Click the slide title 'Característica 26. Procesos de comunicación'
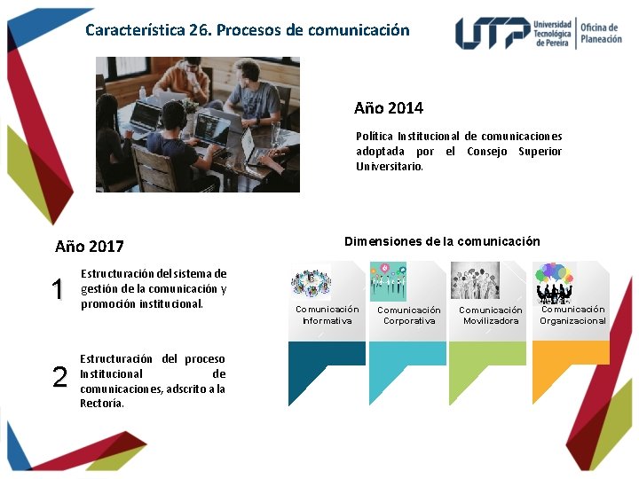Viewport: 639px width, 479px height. click(x=247, y=30)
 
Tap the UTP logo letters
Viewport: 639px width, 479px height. click(x=493, y=33)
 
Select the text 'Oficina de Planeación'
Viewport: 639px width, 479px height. click(x=601, y=33)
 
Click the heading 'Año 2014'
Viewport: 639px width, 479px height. click(x=388, y=108)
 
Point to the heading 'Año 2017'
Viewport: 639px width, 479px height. click(x=89, y=247)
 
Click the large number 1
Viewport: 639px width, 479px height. click(x=58, y=289)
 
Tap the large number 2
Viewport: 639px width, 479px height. click(x=59, y=378)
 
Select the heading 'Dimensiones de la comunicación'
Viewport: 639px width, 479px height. click(x=441, y=241)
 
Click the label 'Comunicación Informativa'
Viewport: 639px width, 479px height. click(x=327, y=315)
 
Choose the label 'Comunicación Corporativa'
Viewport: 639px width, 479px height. click(x=408, y=315)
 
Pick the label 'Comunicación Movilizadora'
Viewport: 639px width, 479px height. click(x=490, y=315)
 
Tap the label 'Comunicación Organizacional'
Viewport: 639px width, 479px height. click(x=572, y=315)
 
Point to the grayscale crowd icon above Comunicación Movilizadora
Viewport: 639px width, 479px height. click(x=475, y=280)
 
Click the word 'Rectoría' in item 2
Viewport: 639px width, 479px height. click(x=102, y=403)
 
